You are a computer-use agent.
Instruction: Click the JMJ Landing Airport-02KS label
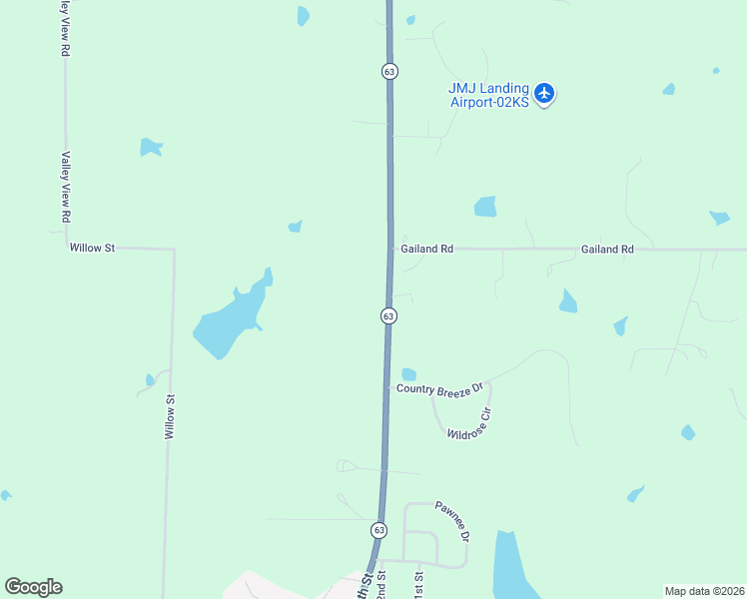click(x=488, y=95)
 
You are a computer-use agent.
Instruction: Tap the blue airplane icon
click(x=544, y=94)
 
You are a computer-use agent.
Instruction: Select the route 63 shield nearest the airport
click(x=389, y=71)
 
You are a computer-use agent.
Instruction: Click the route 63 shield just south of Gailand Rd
click(x=388, y=315)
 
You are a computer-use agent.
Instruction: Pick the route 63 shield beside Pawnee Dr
click(x=378, y=529)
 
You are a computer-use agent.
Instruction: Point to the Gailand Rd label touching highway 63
click(x=426, y=249)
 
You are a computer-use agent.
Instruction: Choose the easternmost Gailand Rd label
click(x=607, y=249)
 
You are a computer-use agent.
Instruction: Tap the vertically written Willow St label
click(x=170, y=417)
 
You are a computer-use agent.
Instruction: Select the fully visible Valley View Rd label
click(x=66, y=187)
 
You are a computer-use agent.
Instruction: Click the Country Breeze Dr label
click(x=439, y=387)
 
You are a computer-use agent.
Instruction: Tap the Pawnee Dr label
click(x=451, y=521)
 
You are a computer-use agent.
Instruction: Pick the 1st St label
click(x=418, y=583)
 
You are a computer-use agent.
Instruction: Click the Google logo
click(x=33, y=587)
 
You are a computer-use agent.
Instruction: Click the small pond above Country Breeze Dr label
click(x=408, y=374)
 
